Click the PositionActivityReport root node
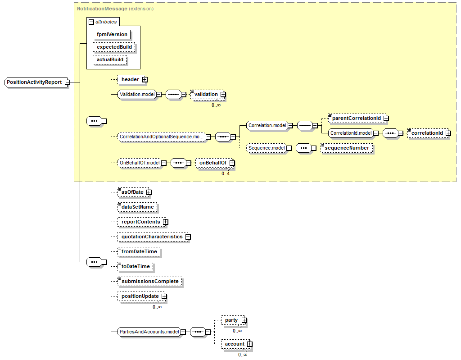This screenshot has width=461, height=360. tap(34, 82)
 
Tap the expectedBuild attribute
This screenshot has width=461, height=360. tap(114, 47)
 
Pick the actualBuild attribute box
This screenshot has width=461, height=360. tap(110, 59)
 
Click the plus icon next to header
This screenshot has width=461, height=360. tap(145, 80)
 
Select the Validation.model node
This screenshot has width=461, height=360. tap(136, 95)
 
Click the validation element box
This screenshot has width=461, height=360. tap(206, 94)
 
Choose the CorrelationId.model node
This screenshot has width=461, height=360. tap(351, 133)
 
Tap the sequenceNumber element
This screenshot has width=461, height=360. tap(347, 148)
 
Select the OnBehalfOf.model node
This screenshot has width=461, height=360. tap(140, 163)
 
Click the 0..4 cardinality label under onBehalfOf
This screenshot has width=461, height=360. tap(225, 173)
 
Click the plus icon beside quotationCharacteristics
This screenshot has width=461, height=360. tap(188, 237)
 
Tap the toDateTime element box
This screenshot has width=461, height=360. tap(136, 266)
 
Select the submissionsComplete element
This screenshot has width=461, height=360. tap(150, 281)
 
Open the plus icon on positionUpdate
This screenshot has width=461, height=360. tap(164, 296)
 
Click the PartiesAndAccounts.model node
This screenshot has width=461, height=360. tap(149, 332)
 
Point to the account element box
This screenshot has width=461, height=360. tap(235, 344)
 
